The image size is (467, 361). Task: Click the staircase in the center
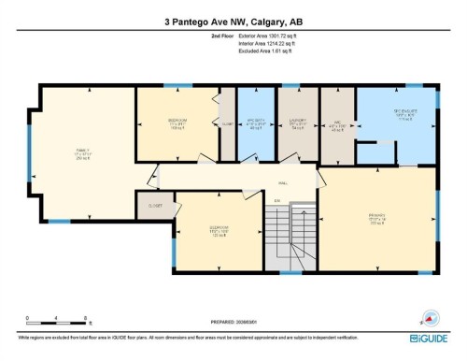291,231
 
